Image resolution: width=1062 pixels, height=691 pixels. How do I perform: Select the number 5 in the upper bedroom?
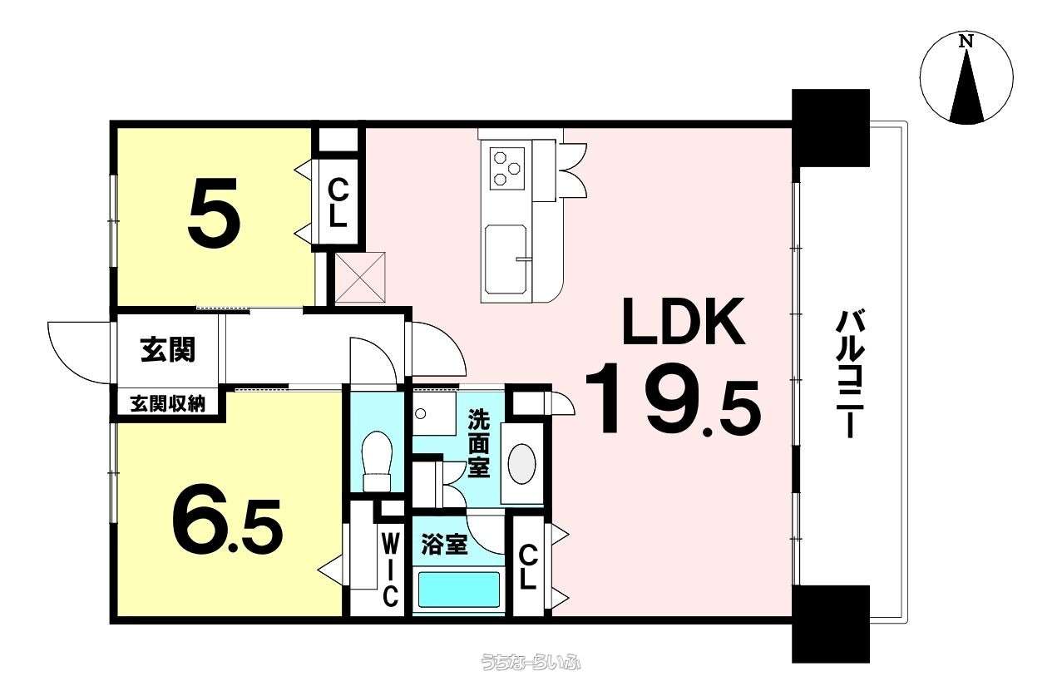click(213, 212)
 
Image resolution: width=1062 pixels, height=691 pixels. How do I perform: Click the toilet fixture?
click(377, 460)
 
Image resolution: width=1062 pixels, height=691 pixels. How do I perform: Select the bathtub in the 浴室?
click(458, 590)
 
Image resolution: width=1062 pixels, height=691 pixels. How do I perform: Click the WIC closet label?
click(390, 570)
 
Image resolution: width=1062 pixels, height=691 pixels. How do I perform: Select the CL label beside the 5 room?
click(338, 205)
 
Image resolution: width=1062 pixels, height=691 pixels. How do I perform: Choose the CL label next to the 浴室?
click(527, 567)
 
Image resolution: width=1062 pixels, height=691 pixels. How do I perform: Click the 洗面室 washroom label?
click(479, 443)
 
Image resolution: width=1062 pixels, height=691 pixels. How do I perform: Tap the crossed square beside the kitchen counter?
click(360, 278)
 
